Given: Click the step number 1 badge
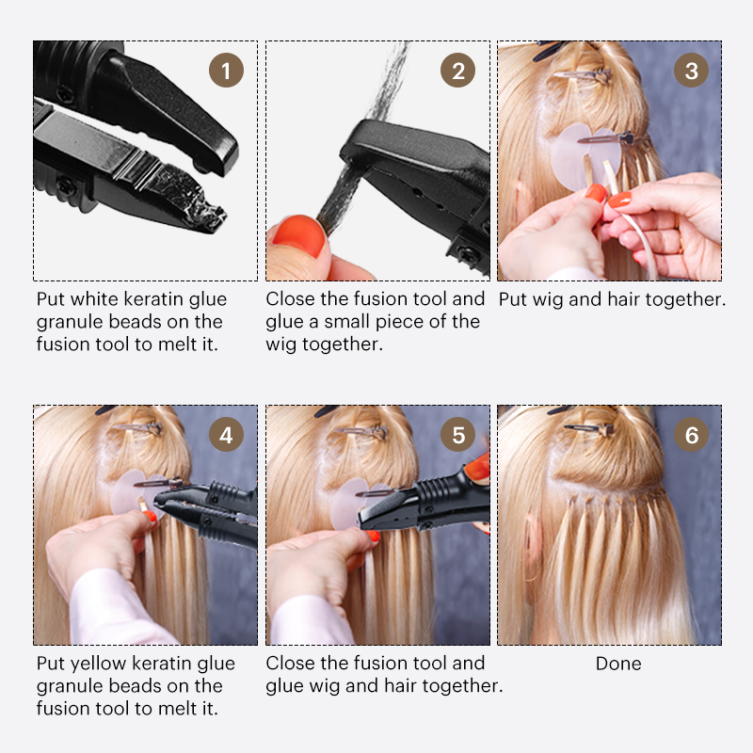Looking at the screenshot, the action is pyautogui.click(x=226, y=70).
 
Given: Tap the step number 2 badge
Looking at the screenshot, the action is pyautogui.click(x=457, y=70).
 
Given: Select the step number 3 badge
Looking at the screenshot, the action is pyautogui.click(x=691, y=70).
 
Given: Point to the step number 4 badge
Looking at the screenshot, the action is pyautogui.click(x=226, y=434).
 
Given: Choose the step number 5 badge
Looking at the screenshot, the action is pyautogui.click(x=457, y=434).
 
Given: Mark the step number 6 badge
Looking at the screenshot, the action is pyautogui.click(x=691, y=434).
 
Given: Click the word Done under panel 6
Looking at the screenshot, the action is pyautogui.click(x=618, y=664).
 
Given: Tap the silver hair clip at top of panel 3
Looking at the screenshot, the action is pyautogui.click(x=582, y=75).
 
